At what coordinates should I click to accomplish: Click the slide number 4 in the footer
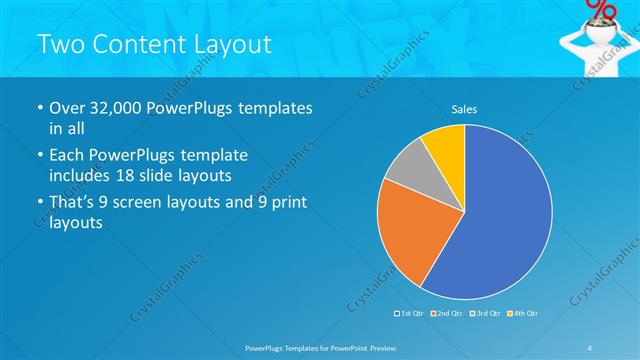pyautogui.click(x=589, y=346)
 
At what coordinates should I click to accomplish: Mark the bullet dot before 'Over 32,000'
pyautogui.click(x=38, y=108)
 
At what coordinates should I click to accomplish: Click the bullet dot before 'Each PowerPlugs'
pyautogui.click(x=38, y=156)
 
